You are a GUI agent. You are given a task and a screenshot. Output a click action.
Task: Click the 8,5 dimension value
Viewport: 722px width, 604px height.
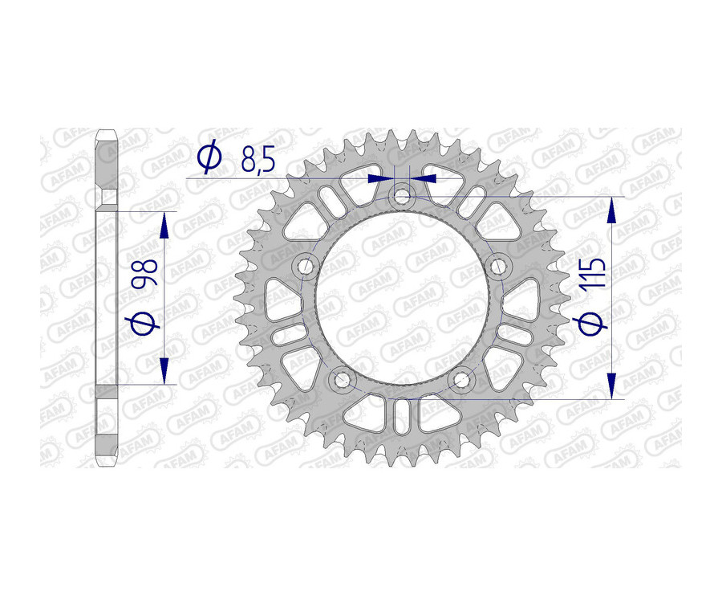point(258,161)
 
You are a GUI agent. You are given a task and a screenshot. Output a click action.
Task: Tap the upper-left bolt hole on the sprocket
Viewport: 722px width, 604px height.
point(305,265)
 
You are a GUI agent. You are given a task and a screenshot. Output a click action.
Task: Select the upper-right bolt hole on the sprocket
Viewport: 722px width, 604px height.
point(498,265)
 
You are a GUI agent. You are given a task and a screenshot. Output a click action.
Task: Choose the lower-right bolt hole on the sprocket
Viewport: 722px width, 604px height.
point(461,378)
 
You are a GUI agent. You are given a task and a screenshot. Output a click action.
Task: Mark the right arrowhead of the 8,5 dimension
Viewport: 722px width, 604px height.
point(423,178)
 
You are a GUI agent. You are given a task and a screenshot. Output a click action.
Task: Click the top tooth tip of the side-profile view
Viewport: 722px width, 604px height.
point(106,131)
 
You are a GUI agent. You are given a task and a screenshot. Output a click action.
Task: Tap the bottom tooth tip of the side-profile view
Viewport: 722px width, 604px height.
point(106,465)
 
